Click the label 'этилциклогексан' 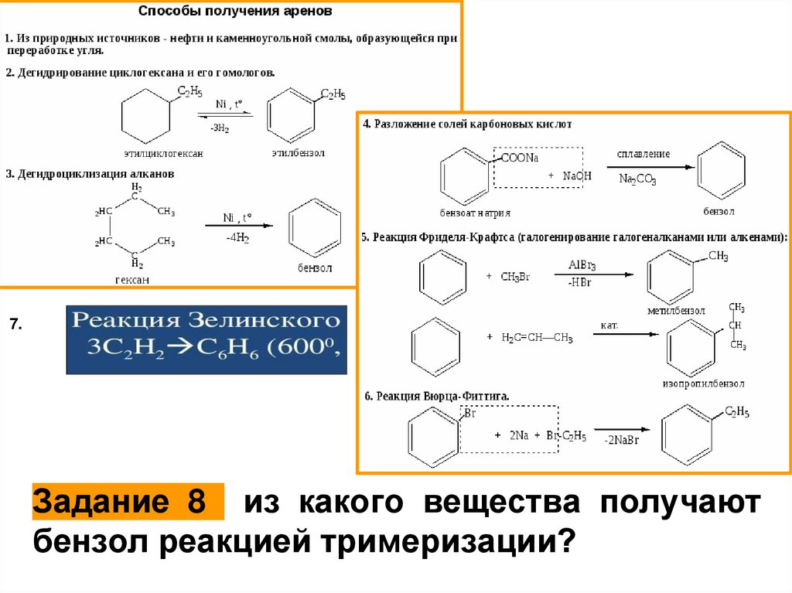[162, 154]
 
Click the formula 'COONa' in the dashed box [519, 158]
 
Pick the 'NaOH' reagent [577, 176]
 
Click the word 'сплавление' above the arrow [643, 154]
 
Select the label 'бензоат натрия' [475, 211]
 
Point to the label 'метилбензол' [677, 310]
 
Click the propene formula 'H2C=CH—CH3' [537, 337]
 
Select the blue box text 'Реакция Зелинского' [206, 319]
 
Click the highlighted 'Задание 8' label [128, 503]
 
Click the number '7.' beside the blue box [17, 322]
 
